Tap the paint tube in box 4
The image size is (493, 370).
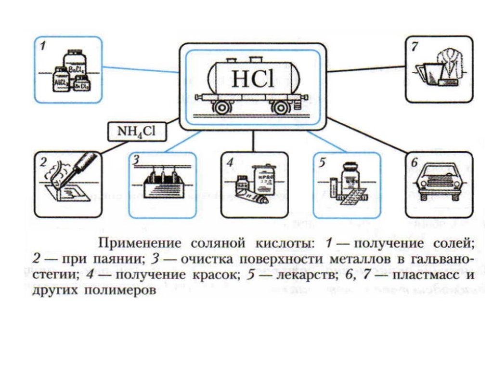pos(252,195)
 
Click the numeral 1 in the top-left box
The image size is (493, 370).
pos(44,47)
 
